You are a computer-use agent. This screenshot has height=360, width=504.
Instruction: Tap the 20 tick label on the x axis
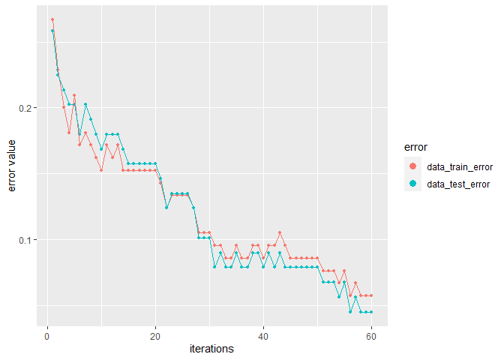[x=155, y=337]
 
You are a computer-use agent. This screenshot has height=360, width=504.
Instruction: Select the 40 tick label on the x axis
[x=263, y=337]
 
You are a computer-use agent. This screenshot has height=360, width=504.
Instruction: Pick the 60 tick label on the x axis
[x=371, y=337]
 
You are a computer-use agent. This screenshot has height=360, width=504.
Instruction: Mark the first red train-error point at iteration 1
[x=52, y=19]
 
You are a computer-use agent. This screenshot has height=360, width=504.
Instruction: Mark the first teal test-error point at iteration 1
[x=52, y=31]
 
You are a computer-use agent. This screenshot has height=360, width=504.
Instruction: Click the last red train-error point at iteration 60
[x=371, y=296]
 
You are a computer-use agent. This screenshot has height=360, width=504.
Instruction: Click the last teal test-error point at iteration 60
[x=371, y=311]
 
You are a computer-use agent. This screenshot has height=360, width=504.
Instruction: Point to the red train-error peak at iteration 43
[x=280, y=232]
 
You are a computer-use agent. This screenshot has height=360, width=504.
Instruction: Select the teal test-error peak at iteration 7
[x=85, y=104]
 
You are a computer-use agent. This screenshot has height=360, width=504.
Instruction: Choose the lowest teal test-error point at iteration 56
[x=349, y=311]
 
